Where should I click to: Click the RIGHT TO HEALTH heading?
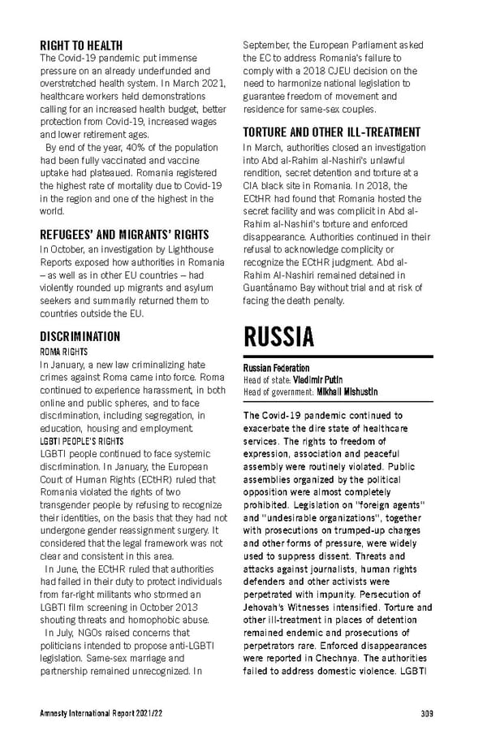click(81, 45)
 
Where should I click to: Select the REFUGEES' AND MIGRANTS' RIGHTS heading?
click(124, 235)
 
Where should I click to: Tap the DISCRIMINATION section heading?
click(80, 336)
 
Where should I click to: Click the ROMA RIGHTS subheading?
click(63, 352)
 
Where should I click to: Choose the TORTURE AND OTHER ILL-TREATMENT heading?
click(331, 132)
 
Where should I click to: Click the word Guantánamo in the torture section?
click(273, 288)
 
